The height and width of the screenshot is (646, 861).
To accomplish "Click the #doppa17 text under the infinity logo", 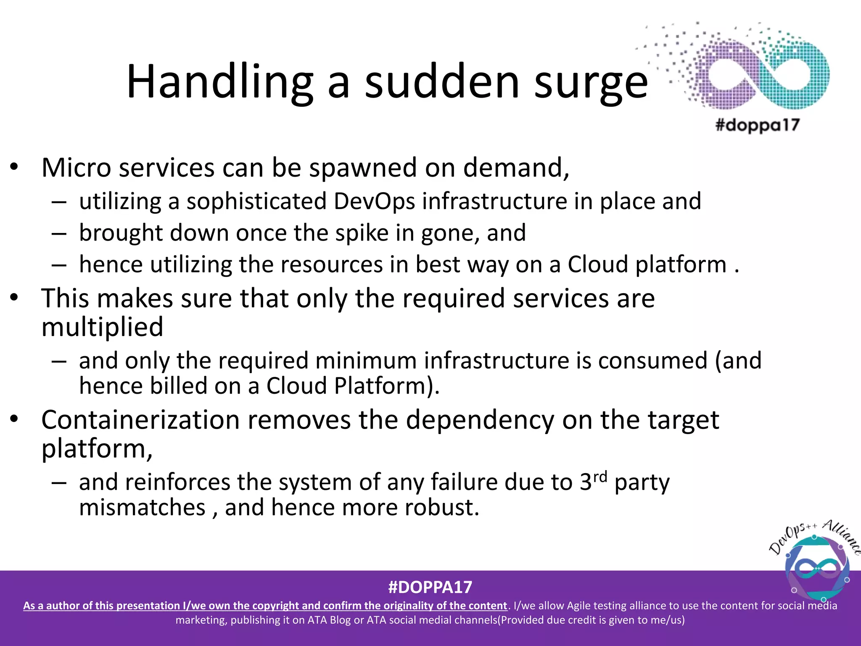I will [757, 125].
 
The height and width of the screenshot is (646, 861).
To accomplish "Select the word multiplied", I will [102, 327].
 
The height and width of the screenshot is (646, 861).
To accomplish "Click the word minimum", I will [366, 361].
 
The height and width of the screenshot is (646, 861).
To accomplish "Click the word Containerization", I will [140, 420].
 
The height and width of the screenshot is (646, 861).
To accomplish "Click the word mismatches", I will [142, 508].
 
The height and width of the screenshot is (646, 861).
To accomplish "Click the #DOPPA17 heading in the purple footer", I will [430, 587].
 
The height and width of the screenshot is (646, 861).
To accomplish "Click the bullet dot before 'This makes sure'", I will [15, 298].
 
